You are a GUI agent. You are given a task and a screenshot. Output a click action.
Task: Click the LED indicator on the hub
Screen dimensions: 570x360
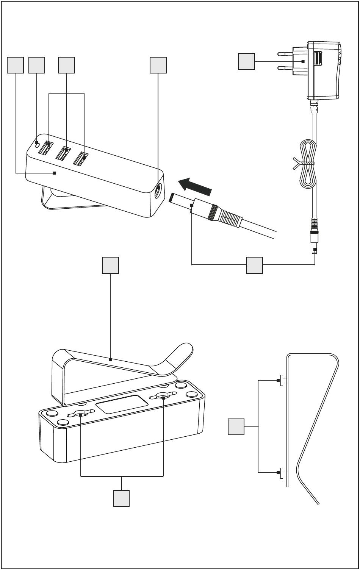click(37, 144)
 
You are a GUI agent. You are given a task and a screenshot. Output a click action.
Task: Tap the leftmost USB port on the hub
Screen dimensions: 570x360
click(45, 147)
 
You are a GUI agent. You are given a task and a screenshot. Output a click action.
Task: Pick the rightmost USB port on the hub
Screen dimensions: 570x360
click(81, 159)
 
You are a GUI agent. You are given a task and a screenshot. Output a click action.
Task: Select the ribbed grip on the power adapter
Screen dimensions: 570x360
click(318, 59)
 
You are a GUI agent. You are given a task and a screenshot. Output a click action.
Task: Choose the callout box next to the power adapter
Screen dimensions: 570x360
click(246, 62)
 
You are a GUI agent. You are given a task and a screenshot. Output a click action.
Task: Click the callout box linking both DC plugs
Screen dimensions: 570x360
click(254, 265)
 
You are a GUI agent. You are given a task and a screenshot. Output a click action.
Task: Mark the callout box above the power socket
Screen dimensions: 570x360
click(158, 65)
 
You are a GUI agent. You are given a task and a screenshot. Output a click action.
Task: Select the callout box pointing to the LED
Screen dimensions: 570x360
click(37, 65)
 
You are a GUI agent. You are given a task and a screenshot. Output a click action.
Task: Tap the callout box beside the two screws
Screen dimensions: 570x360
click(236, 427)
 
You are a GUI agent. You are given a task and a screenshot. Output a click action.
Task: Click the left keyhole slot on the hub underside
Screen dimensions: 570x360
click(81, 414)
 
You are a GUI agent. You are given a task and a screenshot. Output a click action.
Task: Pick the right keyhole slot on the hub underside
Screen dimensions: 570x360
click(163, 397)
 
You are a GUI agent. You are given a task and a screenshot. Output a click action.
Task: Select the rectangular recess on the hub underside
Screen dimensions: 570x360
click(122, 404)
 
